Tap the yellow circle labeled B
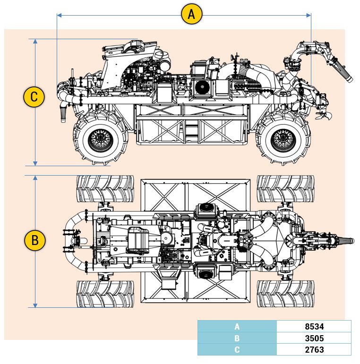tap(34, 240)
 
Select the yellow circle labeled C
tap(34, 97)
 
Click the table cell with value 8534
tap(314, 326)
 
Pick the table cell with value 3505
tap(314, 338)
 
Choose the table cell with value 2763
tap(314, 349)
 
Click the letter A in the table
tap(237, 326)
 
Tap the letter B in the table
tap(237, 338)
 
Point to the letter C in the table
tap(237, 349)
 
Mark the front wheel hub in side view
tap(283, 138)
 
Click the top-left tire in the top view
tap(105, 188)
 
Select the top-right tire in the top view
tap(285, 188)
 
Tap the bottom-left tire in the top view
tap(105, 294)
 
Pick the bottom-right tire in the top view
tap(285, 294)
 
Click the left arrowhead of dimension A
tap(59, 15)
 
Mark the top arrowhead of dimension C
tap(35, 41)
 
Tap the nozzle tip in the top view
tap(352, 240)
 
